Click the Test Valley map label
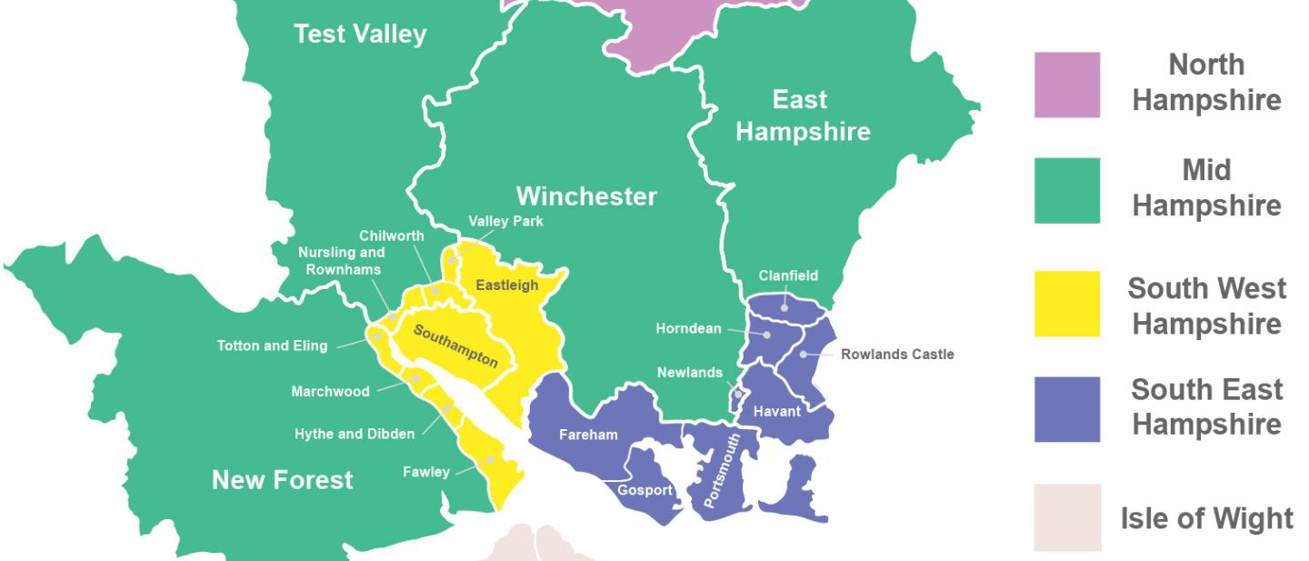360,35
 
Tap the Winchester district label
586,195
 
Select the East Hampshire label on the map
802,115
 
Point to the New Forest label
282,479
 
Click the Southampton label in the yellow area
455,346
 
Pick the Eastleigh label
507,286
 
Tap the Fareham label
588,435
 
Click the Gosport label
645,490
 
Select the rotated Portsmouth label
723,470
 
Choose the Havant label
777,412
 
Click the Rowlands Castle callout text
897,354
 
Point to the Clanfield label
788,275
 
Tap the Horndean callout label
688,328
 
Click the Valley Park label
505,221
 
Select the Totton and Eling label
272,346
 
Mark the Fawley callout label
426,472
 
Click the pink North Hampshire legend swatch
1066,85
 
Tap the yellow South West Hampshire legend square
1066,303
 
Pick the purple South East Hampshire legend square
1066,409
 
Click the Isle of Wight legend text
1206,518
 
